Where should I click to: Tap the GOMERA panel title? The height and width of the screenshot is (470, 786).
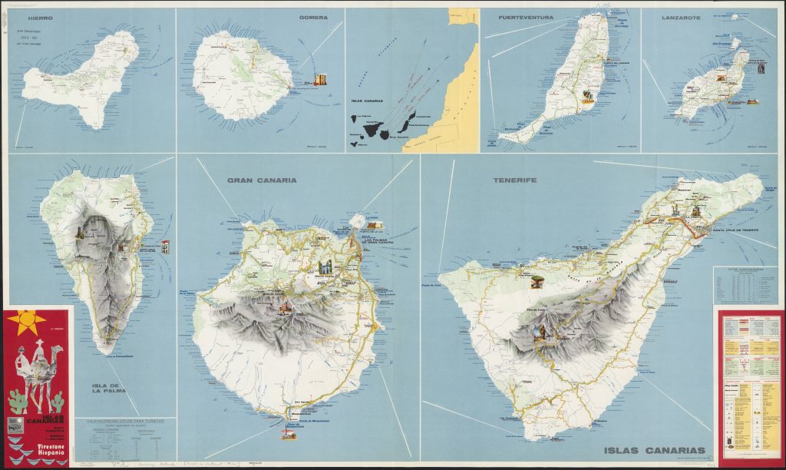(313, 17)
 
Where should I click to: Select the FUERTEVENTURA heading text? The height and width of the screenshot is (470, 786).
(524, 17)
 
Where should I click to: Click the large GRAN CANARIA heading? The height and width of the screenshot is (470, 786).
(261, 180)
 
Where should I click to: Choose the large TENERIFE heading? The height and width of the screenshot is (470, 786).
(516, 180)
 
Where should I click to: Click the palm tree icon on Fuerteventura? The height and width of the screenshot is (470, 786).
(588, 96)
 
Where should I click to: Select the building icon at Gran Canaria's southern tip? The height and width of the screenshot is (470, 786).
(289, 435)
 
